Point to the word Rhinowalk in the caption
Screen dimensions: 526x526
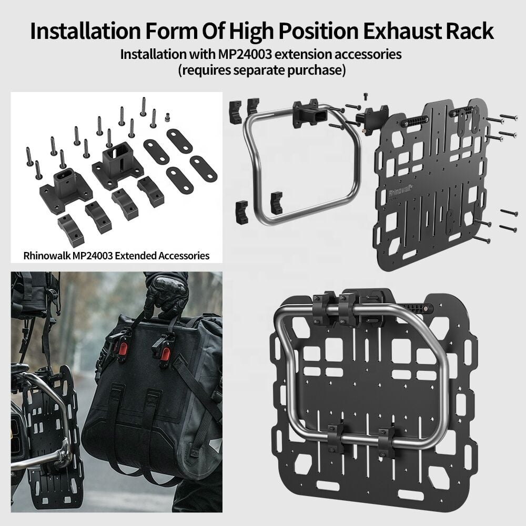[47, 256]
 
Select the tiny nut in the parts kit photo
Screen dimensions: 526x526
[167, 117]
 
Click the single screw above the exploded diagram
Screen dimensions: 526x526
[366, 96]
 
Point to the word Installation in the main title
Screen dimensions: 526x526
[85, 31]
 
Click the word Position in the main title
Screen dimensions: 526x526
[318, 32]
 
